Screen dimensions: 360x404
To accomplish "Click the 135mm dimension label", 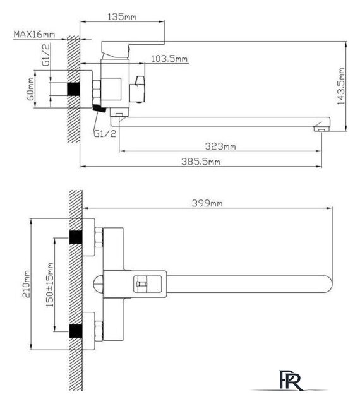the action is click(122, 17).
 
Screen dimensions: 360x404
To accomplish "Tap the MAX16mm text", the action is click(34, 34).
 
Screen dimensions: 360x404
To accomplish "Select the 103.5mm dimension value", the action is click(169, 59).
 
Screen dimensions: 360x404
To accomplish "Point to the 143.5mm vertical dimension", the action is click(341, 86).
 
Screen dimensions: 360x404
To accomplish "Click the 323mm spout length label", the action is click(220, 146).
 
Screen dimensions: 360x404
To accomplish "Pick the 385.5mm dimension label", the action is click(201, 162).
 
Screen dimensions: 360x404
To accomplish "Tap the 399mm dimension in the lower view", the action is click(207, 203).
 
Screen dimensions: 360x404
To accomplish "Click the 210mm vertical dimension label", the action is click(27, 283).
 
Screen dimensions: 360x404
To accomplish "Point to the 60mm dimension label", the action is click(30, 89).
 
